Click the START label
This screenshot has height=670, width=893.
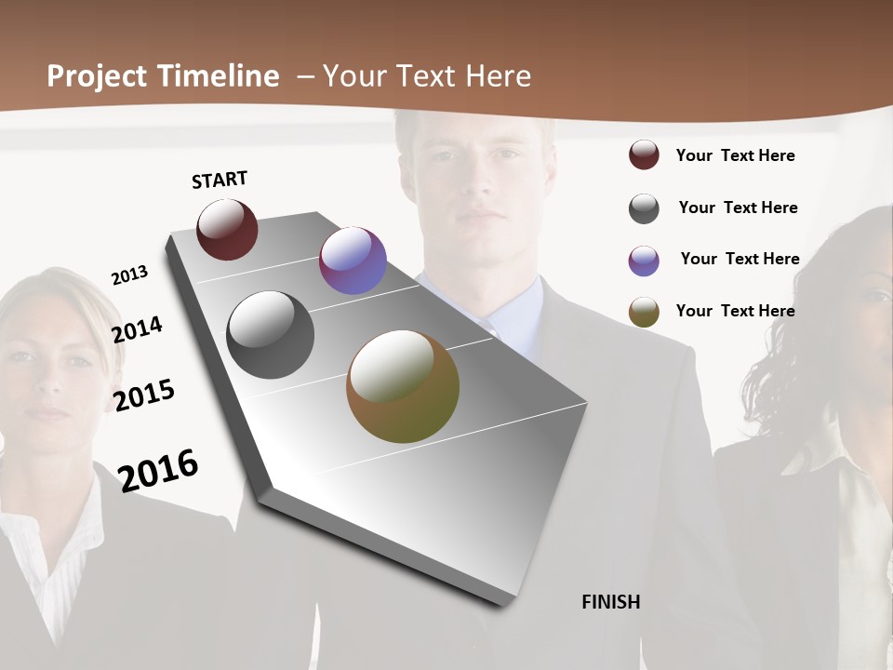[x=220, y=180]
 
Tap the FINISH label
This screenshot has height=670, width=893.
[x=611, y=602]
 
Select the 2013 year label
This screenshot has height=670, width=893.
[x=130, y=275]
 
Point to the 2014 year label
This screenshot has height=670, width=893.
[x=138, y=329]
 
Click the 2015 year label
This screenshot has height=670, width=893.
[x=144, y=395]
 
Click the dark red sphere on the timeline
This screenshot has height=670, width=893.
[x=227, y=229]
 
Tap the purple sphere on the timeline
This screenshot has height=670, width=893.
[x=353, y=261]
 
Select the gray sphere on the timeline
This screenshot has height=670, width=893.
[x=271, y=335]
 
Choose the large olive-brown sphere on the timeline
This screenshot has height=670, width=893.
[x=403, y=386]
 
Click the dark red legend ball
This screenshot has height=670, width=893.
[x=644, y=155]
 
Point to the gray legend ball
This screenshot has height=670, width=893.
[x=644, y=208]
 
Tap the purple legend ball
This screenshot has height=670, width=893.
[x=644, y=261]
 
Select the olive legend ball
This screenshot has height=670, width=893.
[x=644, y=312]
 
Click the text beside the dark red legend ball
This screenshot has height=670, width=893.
[x=735, y=155]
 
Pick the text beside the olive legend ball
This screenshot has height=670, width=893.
[x=735, y=311]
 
